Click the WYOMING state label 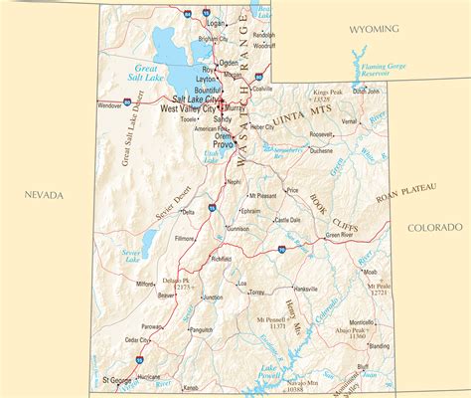(x=374, y=29)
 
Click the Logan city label (x=215, y=20)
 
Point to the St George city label (x=117, y=380)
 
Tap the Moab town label (x=370, y=271)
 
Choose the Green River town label (x=343, y=237)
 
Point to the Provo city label (x=223, y=144)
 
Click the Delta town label (x=188, y=211)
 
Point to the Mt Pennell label (x=271, y=319)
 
